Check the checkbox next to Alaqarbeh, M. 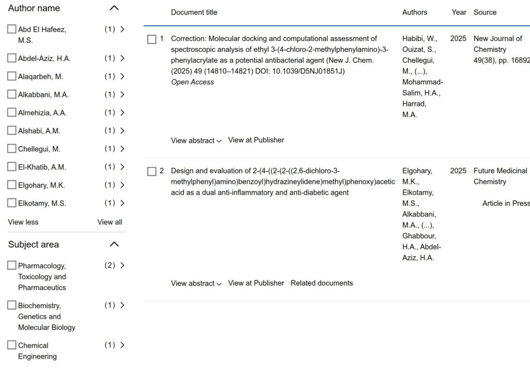pyautogui.click(x=12, y=77)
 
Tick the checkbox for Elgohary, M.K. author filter pyautogui.click(x=12, y=185)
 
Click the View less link pyautogui.click(x=23, y=222)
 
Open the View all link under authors pyautogui.click(x=110, y=222)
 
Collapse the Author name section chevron pyautogui.click(x=114, y=8)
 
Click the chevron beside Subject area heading pyautogui.click(x=114, y=244)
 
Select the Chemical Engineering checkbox pyautogui.click(x=12, y=345)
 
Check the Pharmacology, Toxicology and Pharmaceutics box pyautogui.click(x=12, y=265)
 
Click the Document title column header pyautogui.click(x=194, y=12)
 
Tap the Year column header pyautogui.click(x=459, y=12)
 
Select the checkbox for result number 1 pyautogui.click(x=152, y=39)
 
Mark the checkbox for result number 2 pyautogui.click(x=152, y=171)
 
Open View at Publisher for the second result pyautogui.click(x=256, y=283)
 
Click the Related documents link pyautogui.click(x=321, y=283)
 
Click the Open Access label pyautogui.click(x=192, y=82)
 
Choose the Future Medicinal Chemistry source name pyautogui.click(x=500, y=176)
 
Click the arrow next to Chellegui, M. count pyautogui.click(x=122, y=149)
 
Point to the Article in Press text pyautogui.click(x=506, y=203)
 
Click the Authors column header pyautogui.click(x=415, y=12)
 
